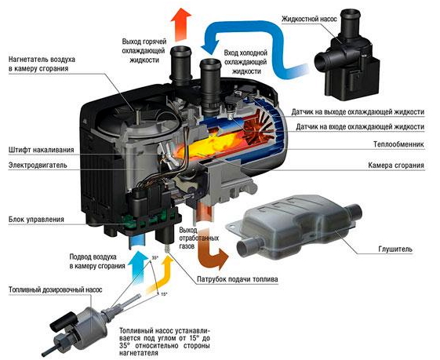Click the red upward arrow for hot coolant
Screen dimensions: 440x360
point(180,24)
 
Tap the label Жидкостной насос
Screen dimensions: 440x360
point(309,19)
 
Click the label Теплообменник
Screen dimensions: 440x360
point(398,144)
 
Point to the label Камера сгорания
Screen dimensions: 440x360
point(396,165)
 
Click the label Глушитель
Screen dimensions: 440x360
point(395,249)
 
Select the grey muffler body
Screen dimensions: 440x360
point(295,227)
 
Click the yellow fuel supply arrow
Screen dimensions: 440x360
point(162,276)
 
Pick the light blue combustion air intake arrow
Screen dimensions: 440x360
point(136,268)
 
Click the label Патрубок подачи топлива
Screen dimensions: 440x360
point(238,279)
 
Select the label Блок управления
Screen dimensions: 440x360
point(36,219)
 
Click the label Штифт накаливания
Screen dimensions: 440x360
point(42,150)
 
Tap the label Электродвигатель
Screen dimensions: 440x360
point(38,165)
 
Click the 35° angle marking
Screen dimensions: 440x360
point(155,257)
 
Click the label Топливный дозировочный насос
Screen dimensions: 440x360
point(55,289)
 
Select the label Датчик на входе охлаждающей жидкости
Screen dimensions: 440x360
point(360,127)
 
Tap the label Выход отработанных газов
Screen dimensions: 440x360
point(199,238)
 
